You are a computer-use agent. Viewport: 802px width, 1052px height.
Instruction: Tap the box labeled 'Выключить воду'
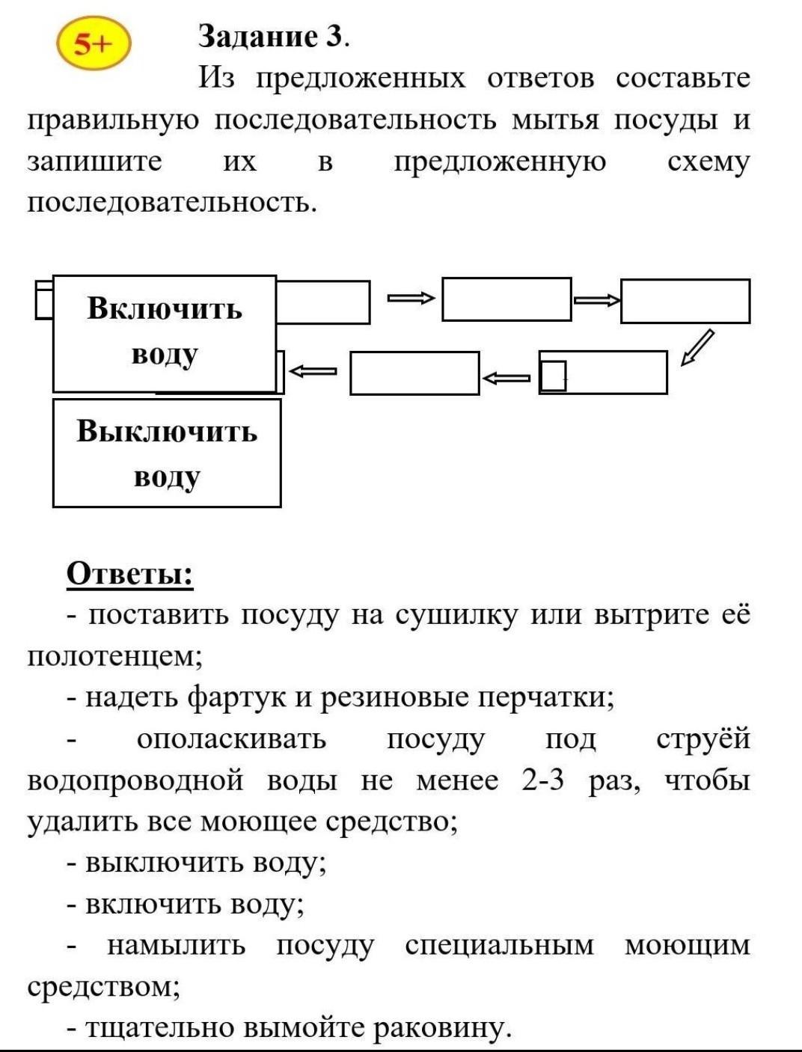(166, 453)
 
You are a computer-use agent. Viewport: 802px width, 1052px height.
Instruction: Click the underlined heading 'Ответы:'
(129, 574)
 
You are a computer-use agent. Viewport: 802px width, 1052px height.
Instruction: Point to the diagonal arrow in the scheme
(697, 348)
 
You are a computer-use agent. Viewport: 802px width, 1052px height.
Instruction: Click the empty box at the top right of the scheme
(685, 301)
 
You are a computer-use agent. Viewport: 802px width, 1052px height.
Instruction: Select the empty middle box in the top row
(506, 299)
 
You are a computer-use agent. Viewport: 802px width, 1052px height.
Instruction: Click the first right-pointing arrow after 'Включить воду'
(411, 299)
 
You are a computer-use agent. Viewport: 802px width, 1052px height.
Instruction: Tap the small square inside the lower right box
(553, 375)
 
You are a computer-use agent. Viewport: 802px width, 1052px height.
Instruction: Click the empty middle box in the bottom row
(414, 373)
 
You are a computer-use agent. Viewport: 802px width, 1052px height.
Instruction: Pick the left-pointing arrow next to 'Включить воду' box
(313, 370)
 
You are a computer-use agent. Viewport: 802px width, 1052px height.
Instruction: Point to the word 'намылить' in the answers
(177, 946)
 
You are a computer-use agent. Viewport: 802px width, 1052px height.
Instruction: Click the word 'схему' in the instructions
(708, 162)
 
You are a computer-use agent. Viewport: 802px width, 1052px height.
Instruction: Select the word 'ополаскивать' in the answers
(231, 739)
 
